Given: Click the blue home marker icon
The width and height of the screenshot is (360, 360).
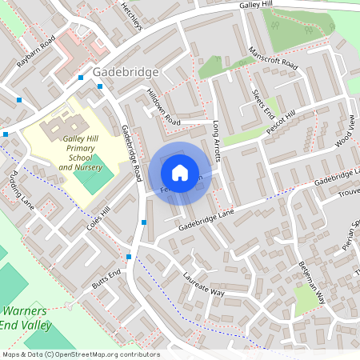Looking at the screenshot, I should pyautogui.click(x=180, y=173).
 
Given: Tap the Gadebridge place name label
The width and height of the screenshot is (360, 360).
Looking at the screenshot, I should pyautogui.click(x=126, y=71).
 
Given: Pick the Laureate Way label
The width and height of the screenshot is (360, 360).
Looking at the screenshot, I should pyautogui.click(x=203, y=286).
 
